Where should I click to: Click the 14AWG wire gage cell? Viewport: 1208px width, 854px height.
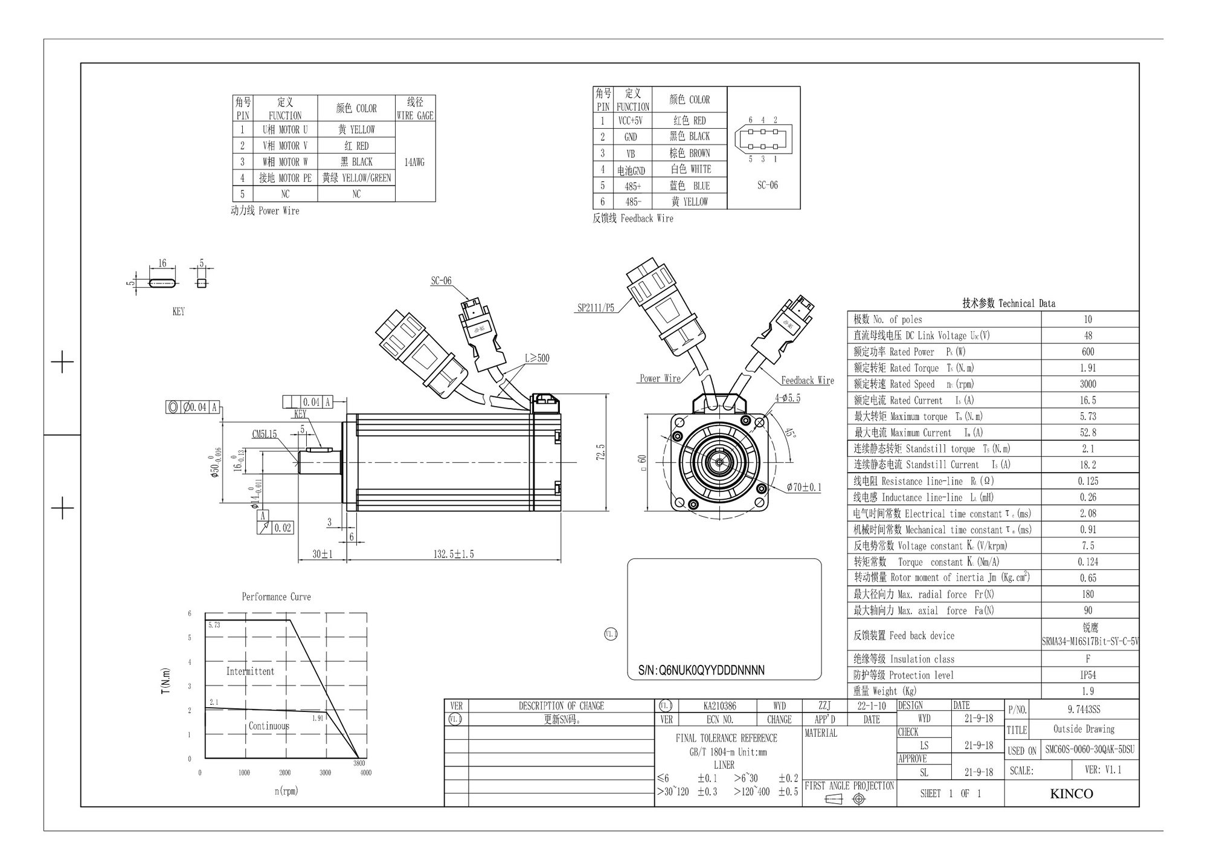click(414, 162)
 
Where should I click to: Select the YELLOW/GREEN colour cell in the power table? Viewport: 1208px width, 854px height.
click(356, 178)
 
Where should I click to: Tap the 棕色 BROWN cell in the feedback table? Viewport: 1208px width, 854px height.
click(689, 153)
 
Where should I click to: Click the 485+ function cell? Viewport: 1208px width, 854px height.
click(633, 186)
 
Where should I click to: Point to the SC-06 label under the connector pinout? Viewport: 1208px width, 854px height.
click(767, 186)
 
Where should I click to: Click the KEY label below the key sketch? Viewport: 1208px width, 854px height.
click(179, 312)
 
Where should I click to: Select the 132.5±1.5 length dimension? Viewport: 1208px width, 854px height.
click(454, 554)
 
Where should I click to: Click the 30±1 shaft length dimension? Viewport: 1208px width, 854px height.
click(323, 554)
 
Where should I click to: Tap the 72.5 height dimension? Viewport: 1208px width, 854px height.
click(600, 451)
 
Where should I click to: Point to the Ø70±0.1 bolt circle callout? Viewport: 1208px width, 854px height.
click(804, 487)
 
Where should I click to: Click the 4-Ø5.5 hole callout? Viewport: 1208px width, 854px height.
click(788, 398)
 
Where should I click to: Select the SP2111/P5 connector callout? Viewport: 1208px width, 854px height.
click(596, 308)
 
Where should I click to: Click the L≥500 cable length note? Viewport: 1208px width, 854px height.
click(536, 358)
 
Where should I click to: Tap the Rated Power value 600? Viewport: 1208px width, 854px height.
click(1088, 352)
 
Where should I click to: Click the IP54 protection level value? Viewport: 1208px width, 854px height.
click(1088, 675)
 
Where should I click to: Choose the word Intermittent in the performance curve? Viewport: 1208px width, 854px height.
click(250, 671)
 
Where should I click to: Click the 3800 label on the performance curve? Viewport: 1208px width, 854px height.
click(359, 763)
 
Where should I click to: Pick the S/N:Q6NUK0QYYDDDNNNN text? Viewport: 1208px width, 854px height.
click(701, 670)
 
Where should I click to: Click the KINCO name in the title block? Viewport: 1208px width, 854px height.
click(1071, 794)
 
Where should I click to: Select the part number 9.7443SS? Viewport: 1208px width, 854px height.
click(1084, 710)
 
